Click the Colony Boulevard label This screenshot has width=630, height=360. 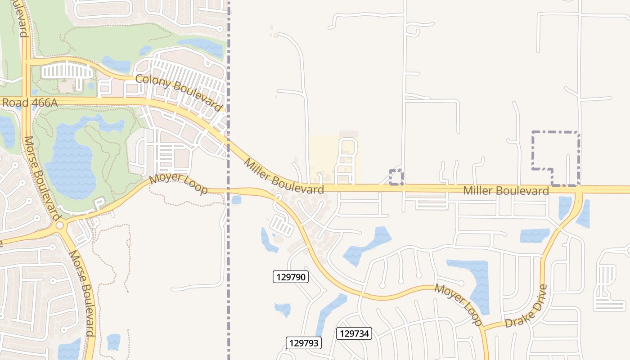179,93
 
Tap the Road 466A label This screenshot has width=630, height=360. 30,103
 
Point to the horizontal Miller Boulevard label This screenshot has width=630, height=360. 506,191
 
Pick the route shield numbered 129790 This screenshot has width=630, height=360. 291,277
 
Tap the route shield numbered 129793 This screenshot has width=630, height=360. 304,343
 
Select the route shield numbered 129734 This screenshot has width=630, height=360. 354,333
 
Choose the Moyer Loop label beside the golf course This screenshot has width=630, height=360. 178,184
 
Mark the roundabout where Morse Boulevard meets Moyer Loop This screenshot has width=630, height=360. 60,226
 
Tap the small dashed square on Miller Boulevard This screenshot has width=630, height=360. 396,178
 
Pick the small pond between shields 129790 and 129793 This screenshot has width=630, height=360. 283,309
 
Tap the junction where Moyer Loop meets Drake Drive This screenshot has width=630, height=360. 485,328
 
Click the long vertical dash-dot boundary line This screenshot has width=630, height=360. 228,270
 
